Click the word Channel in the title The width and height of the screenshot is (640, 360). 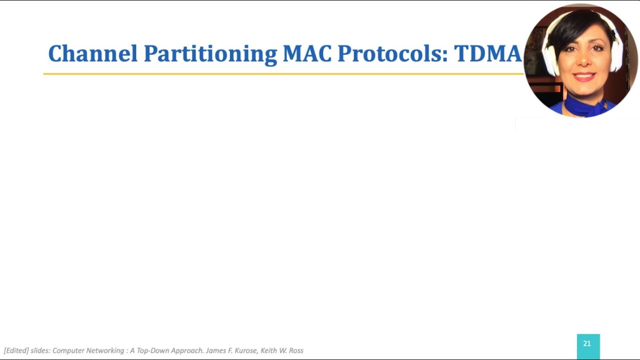92,53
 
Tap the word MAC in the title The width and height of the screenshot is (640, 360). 307,53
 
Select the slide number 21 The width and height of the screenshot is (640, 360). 587,344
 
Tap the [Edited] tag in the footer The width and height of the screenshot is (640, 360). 16,350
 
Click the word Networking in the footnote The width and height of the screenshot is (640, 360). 105,350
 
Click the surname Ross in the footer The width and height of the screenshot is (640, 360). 296,350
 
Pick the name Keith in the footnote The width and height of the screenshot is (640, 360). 270,350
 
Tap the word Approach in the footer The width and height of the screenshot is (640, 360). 186,350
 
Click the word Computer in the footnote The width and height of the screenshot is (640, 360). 68,350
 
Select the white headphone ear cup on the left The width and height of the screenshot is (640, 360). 549,60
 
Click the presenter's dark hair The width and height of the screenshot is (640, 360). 580,25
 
